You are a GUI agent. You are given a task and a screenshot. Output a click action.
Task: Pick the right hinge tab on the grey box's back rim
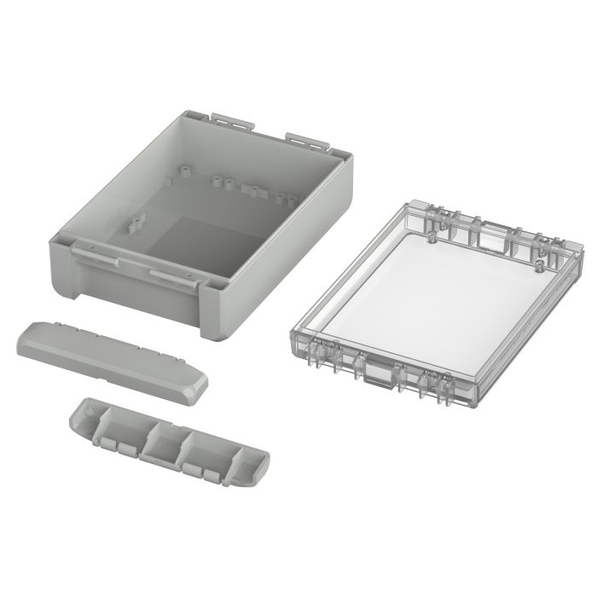305,137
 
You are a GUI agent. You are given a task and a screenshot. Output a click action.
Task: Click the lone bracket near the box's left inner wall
135,225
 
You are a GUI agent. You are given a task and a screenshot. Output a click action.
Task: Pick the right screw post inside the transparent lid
538,265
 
